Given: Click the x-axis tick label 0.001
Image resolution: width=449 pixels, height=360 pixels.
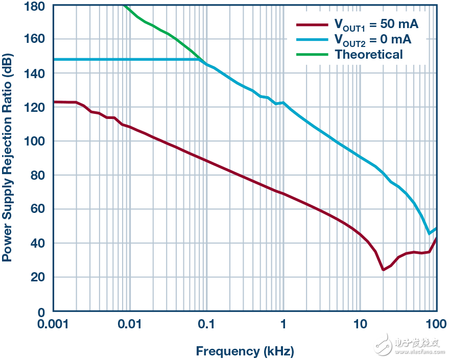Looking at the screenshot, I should click(54, 324).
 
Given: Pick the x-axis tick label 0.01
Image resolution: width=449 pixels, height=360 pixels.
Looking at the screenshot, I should click(130, 324).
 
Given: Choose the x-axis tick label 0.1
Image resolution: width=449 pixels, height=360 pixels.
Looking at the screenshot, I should click(206, 324).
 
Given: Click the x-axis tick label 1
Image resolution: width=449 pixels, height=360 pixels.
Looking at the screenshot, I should click(283, 324).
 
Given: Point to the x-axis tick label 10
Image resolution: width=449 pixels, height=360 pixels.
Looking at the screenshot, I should click(360, 324).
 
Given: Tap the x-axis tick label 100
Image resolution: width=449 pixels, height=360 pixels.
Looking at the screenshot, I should click(436, 324).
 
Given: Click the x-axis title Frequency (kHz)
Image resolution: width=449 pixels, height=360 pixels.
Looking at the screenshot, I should click(245, 351).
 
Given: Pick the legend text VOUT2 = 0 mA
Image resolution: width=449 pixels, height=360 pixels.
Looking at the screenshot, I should click(373, 39).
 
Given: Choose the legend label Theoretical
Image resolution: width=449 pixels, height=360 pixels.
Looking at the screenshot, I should click(369, 54).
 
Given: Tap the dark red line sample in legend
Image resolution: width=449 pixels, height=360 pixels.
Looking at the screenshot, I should click(312, 24).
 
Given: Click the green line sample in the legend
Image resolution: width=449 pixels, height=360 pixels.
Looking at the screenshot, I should click(312, 54).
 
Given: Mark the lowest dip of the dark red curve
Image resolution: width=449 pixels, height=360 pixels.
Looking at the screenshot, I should click(383, 269).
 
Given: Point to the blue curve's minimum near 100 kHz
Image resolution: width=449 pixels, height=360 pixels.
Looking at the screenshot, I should click(430, 233).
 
